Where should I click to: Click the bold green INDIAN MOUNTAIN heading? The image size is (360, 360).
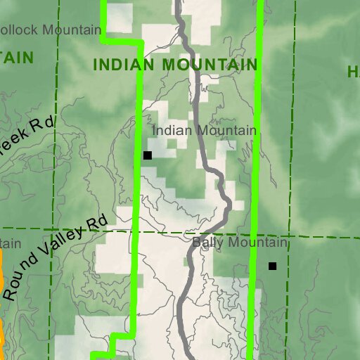click(x=175, y=65)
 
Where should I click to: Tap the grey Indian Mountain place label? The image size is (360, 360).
click(x=204, y=130)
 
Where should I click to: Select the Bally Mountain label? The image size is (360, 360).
click(x=240, y=243)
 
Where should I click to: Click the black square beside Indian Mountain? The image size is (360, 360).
click(x=147, y=155)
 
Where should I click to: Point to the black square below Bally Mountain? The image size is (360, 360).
click(x=273, y=266)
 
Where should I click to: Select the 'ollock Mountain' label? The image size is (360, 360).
click(x=51, y=30)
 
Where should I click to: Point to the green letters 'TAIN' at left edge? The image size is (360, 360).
click(x=17, y=58)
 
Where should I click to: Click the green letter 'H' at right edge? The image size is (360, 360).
click(x=352, y=71)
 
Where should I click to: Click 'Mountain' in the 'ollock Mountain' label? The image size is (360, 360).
click(x=70, y=30)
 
